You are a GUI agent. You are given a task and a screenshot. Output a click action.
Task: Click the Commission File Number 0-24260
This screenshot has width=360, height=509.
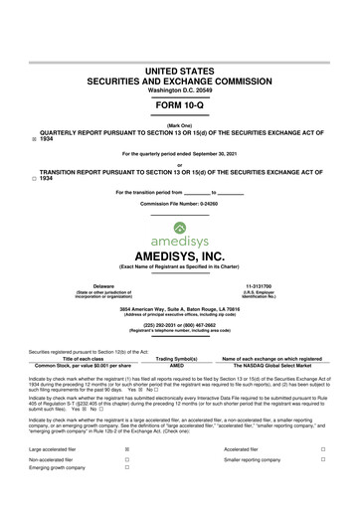(x=180, y=203)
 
